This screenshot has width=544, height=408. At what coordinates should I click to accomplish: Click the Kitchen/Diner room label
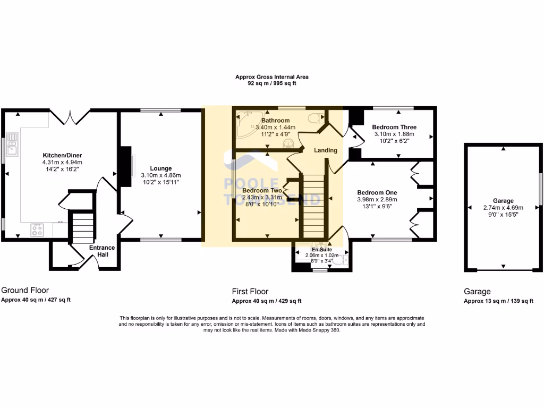[62, 155]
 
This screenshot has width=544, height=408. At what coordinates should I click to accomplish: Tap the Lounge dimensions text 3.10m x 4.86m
[161, 175]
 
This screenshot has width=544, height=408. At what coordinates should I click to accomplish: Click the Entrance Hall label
[101, 251]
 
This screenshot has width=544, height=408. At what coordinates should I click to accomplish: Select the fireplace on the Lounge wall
[125, 167]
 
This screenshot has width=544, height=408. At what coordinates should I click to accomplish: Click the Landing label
[326, 150]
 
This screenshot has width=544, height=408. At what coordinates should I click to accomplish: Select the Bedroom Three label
[394, 127]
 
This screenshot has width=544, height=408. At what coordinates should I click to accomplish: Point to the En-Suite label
[322, 249]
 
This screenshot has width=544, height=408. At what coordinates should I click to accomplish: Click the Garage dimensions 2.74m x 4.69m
[503, 208]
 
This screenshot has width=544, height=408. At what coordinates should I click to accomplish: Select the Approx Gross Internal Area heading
[271, 77]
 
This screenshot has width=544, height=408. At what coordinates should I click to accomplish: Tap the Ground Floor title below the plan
[25, 290]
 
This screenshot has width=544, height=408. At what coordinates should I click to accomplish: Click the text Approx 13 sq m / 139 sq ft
[498, 301]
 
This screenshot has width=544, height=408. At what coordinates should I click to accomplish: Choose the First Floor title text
[250, 291]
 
